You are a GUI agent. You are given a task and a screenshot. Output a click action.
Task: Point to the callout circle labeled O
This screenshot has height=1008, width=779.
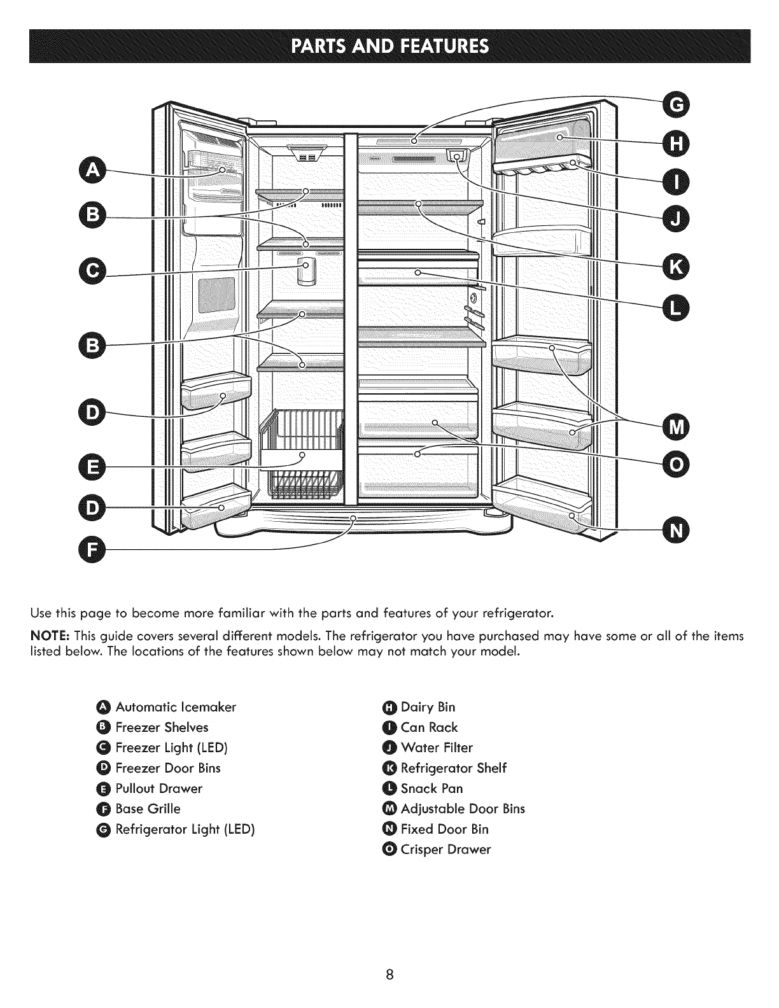click(x=675, y=466)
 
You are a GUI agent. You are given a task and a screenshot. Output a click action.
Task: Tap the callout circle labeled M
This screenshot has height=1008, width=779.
click(x=675, y=425)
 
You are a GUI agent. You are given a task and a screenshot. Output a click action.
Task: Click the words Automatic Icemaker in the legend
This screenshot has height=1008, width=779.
click(x=176, y=707)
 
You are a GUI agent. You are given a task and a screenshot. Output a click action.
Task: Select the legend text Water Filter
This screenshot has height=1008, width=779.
click(x=437, y=748)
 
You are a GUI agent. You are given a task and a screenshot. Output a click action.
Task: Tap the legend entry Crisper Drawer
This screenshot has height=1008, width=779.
click(x=446, y=850)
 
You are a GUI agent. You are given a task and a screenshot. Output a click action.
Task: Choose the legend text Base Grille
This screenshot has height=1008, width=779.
click(x=148, y=809)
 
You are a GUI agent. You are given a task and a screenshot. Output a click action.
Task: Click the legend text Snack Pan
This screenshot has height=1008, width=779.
click(x=432, y=788)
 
